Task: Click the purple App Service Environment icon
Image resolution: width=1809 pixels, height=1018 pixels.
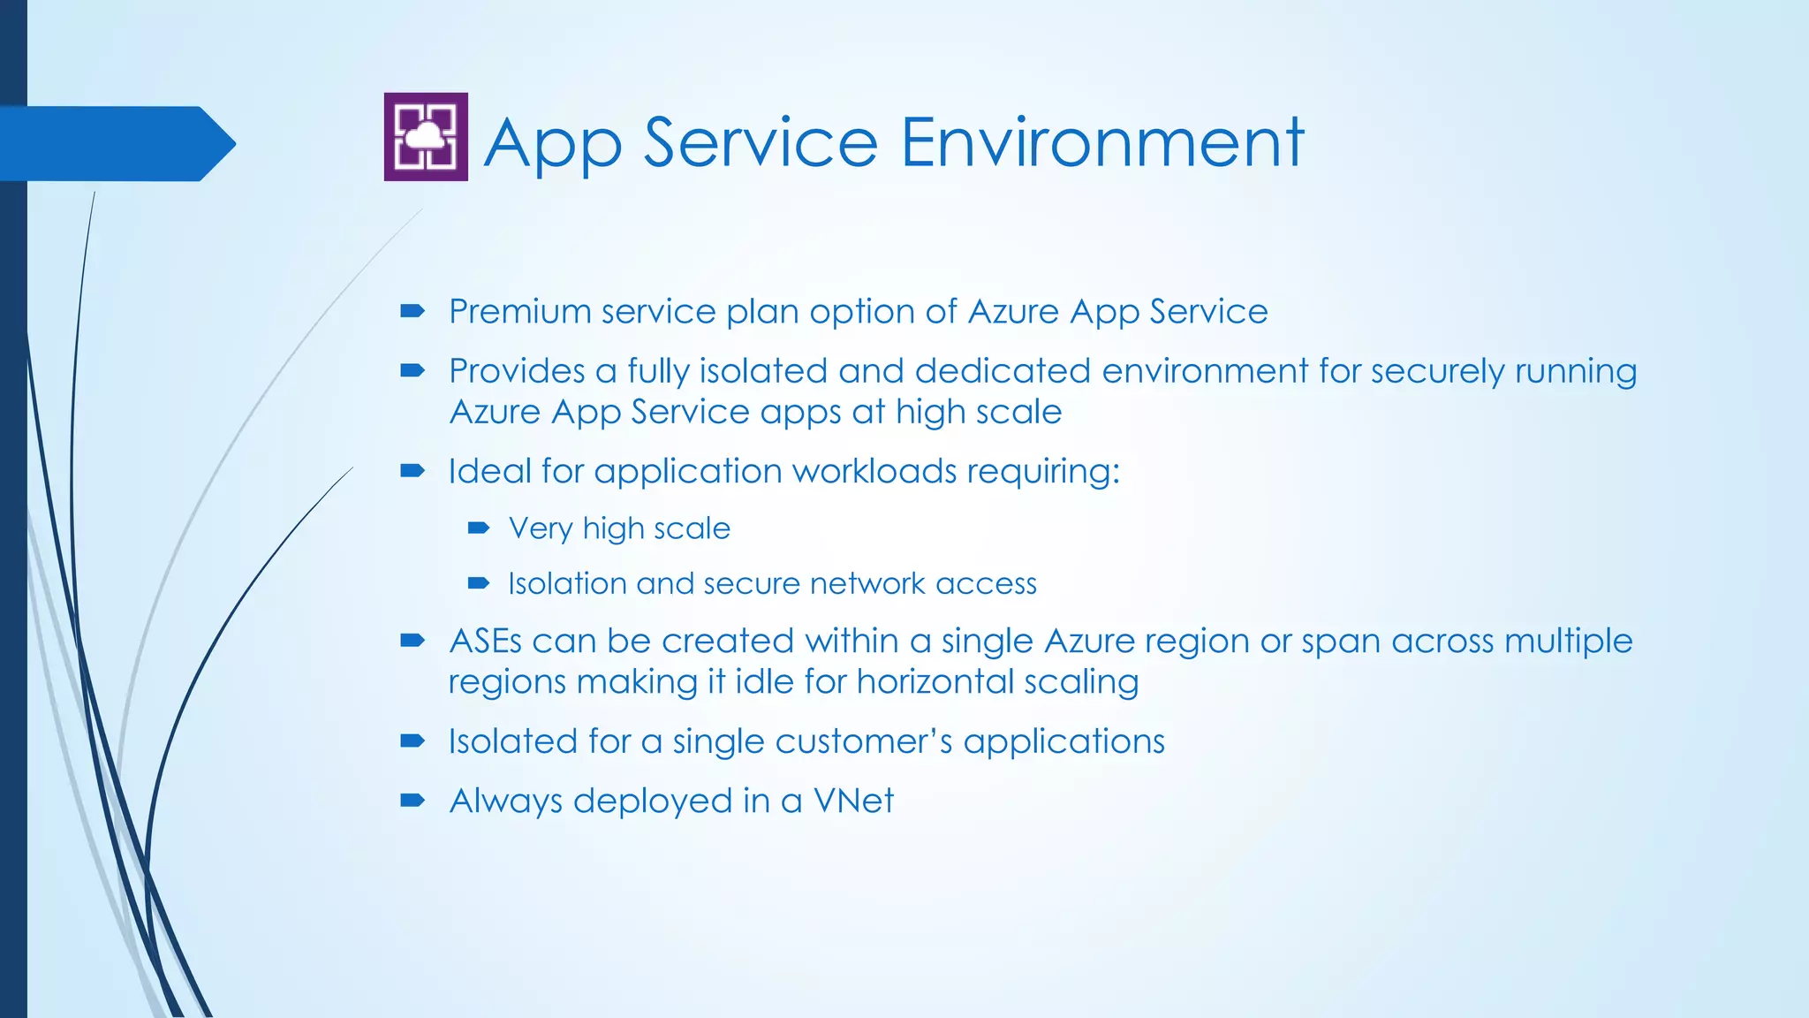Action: [426, 137]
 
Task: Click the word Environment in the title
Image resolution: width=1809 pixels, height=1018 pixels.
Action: [1101, 143]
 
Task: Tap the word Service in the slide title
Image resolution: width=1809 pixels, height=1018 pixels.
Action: [761, 143]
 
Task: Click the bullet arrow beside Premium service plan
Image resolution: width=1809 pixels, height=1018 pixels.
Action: [413, 311]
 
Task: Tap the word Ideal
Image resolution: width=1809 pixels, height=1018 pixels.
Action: [489, 471]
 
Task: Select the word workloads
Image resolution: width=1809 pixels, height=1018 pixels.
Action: [874, 471]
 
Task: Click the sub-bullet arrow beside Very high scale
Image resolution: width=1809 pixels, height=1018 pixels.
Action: [479, 528]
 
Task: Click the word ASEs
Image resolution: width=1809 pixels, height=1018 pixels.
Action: [485, 642]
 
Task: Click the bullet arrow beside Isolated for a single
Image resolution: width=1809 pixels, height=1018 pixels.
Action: [413, 741]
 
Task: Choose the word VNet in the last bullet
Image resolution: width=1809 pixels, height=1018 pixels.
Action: [853, 801]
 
